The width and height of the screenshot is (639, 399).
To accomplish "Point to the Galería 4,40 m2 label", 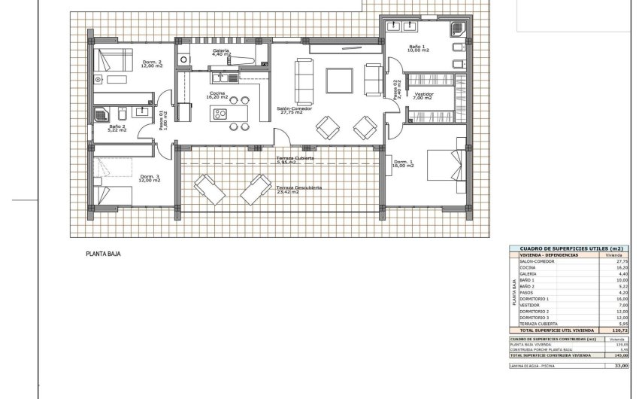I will [x=220, y=53].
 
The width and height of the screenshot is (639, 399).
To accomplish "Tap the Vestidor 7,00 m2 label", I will [x=423, y=96].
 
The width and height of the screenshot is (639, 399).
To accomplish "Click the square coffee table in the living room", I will [x=339, y=79].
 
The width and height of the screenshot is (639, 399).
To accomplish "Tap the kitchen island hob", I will [x=220, y=114].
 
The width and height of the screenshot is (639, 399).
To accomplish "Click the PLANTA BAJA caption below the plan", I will [x=103, y=254].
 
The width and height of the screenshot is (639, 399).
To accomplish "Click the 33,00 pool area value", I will [x=621, y=365].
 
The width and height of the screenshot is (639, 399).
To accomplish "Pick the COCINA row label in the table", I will [x=527, y=267].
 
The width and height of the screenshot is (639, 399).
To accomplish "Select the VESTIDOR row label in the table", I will [x=530, y=305].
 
